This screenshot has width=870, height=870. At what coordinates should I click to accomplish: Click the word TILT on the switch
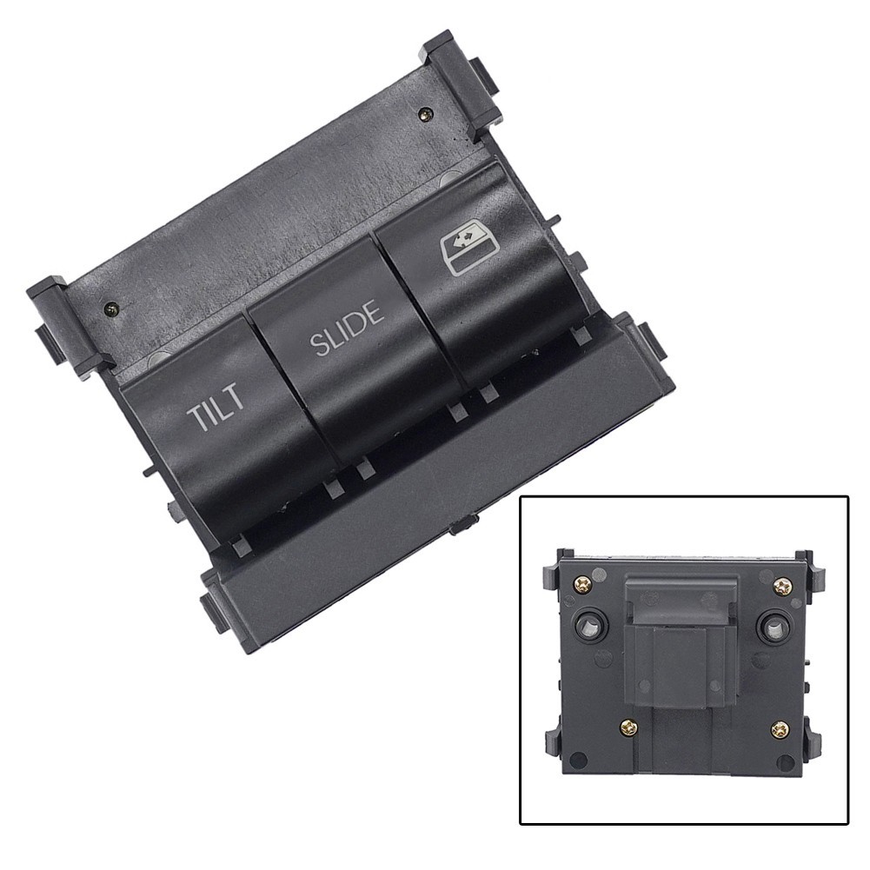tap(216, 406)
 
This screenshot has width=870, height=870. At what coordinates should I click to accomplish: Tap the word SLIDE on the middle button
tap(348, 328)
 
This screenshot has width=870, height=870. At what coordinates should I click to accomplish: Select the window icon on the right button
tap(464, 252)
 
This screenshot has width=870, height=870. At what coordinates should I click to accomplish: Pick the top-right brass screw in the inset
tap(783, 586)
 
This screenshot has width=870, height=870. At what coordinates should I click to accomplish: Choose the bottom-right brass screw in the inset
tap(780, 728)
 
